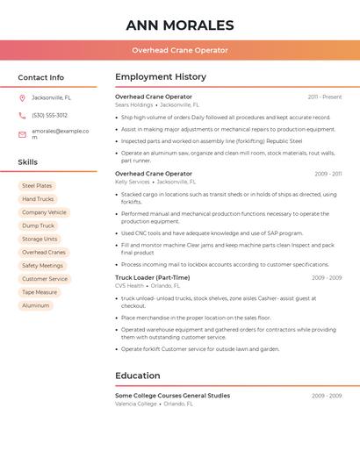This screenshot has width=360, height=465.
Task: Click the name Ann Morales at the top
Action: (x=180, y=25)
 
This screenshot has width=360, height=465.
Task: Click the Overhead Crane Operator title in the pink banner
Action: (x=180, y=51)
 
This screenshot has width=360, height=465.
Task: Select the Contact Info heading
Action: (x=40, y=77)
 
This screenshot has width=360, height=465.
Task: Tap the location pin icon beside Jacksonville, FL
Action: (x=22, y=97)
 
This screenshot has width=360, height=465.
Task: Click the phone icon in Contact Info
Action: (x=22, y=115)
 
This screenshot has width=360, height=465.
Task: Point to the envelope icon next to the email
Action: (x=22, y=133)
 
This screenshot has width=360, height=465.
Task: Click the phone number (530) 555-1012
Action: (x=49, y=115)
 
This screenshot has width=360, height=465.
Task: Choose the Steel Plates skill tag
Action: (x=37, y=186)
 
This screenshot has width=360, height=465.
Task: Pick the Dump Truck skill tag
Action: (x=38, y=225)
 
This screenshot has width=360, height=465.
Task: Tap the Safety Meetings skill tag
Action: (x=42, y=265)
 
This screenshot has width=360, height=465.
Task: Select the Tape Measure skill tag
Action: (x=40, y=292)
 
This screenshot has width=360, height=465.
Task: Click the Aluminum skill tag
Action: (x=35, y=305)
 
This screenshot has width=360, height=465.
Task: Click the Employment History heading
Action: (x=161, y=77)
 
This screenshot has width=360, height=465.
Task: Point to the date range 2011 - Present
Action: (x=324, y=97)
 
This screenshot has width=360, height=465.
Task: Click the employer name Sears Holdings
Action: (x=133, y=104)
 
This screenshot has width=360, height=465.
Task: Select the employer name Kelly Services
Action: (x=133, y=182)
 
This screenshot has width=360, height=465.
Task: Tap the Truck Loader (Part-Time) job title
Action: (x=152, y=277)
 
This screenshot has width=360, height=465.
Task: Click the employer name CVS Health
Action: (x=129, y=285)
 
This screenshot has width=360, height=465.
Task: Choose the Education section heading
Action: (x=137, y=376)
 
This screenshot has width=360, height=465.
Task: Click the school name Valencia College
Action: (x=136, y=404)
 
